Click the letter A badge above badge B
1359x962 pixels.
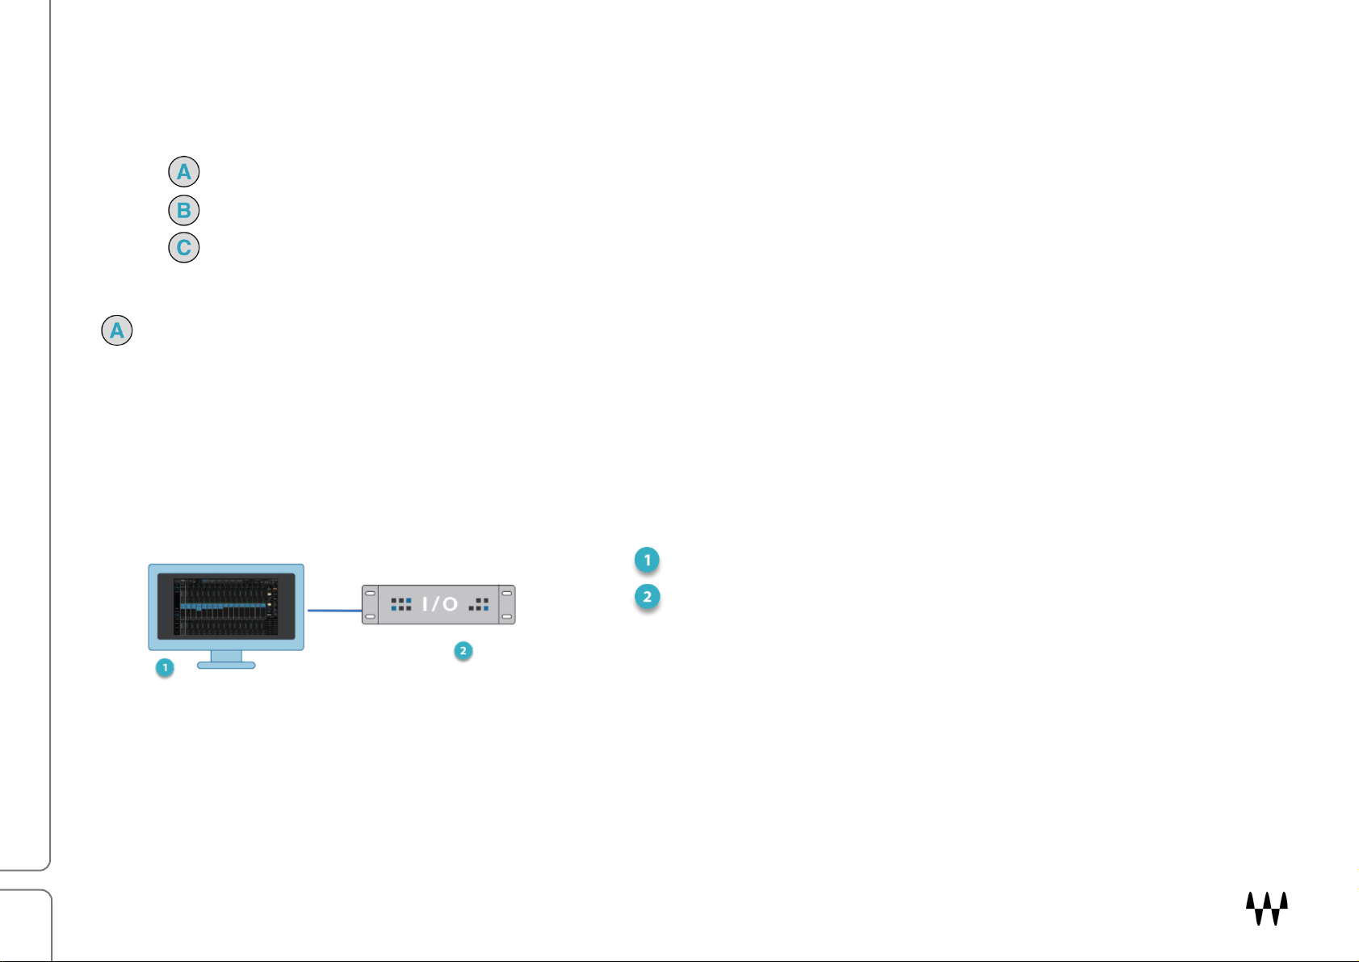[183, 172]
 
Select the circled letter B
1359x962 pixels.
[183, 210]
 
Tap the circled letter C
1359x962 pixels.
[183, 247]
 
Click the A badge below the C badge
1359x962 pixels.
[117, 330]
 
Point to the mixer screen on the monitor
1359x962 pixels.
[226, 606]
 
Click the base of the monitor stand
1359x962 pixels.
[226, 666]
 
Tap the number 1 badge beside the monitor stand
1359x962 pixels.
[165, 668]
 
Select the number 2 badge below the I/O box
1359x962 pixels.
[463, 651]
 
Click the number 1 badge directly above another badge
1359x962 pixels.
[647, 560]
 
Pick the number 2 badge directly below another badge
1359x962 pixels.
[647, 598]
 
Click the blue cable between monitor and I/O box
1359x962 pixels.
[333, 611]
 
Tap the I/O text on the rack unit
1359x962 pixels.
[440, 604]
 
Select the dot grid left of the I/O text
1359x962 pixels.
[401, 604]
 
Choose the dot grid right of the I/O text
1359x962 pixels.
[479, 604]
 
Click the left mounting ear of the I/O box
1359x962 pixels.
[370, 605]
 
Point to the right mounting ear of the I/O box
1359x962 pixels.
[507, 605]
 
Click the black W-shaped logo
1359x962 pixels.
[1266, 909]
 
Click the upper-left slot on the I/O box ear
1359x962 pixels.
[370, 593]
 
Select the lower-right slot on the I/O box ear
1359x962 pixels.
[507, 617]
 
